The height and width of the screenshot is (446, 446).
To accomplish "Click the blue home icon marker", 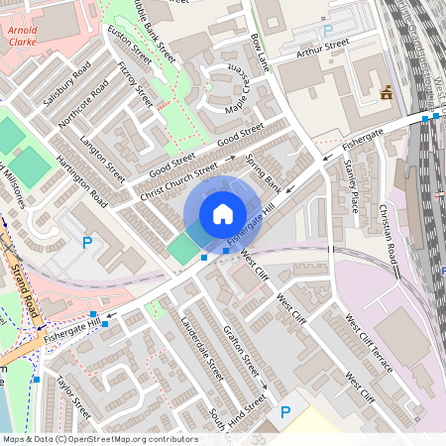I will (x=223, y=213).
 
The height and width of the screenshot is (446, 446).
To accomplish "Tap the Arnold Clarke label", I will (x=22, y=37).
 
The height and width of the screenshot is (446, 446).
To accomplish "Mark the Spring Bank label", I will (x=264, y=175).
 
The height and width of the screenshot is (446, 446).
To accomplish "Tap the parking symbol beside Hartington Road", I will (x=86, y=242).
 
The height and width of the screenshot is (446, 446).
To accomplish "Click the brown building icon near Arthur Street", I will (x=386, y=93).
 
